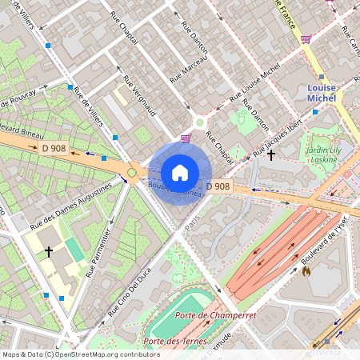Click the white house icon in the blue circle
180,172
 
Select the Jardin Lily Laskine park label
324,154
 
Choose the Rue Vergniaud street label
138,94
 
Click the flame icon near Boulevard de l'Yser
306,271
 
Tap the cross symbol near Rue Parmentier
49,252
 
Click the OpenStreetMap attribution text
81,354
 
